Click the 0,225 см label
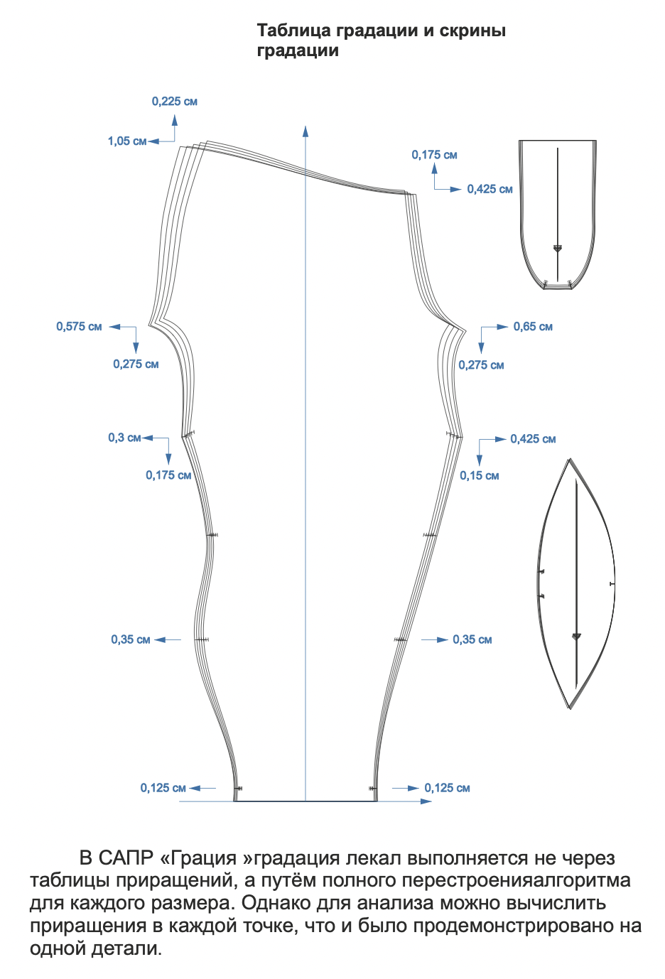click(174, 102)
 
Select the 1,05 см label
click(127, 141)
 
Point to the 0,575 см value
click(79, 327)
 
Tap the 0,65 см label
click(533, 327)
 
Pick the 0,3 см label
click(124, 438)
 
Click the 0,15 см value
click(479, 476)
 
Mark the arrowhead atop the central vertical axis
click(306, 131)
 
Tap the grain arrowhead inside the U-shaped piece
click(558, 249)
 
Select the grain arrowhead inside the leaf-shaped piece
click(576, 637)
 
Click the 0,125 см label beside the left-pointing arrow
click(163, 788)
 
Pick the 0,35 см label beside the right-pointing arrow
click(472, 640)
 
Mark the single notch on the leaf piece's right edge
click(612, 584)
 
